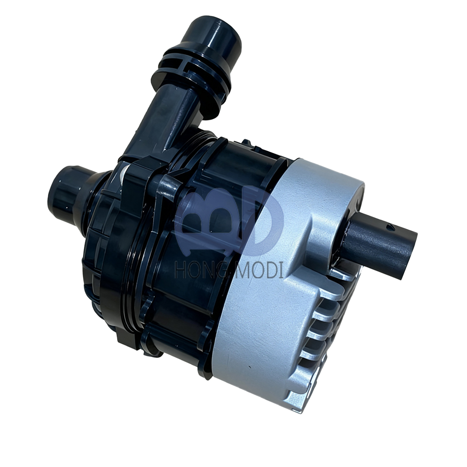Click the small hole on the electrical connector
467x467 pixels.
tap(390, 228)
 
